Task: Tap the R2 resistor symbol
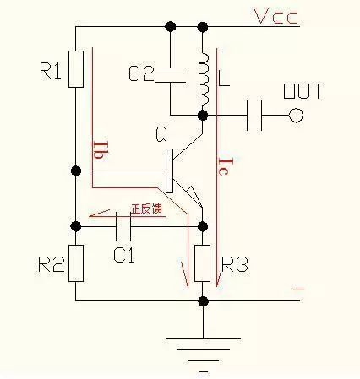(x=75, y=263)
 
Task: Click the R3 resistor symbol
(x=203, y=263)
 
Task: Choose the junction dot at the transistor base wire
(x=75, y=171)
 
